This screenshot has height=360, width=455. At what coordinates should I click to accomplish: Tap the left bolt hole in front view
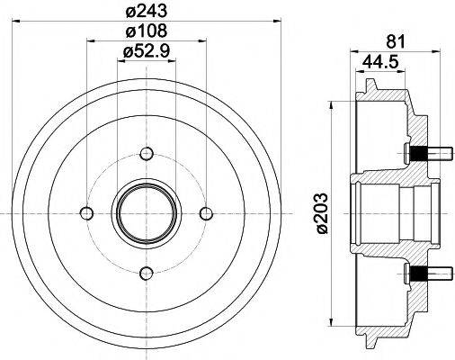[x=85, y=212]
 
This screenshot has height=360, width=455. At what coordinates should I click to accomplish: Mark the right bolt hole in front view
[x=207, y=212]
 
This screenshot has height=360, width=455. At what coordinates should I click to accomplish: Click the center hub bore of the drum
[x=146, y=212]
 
